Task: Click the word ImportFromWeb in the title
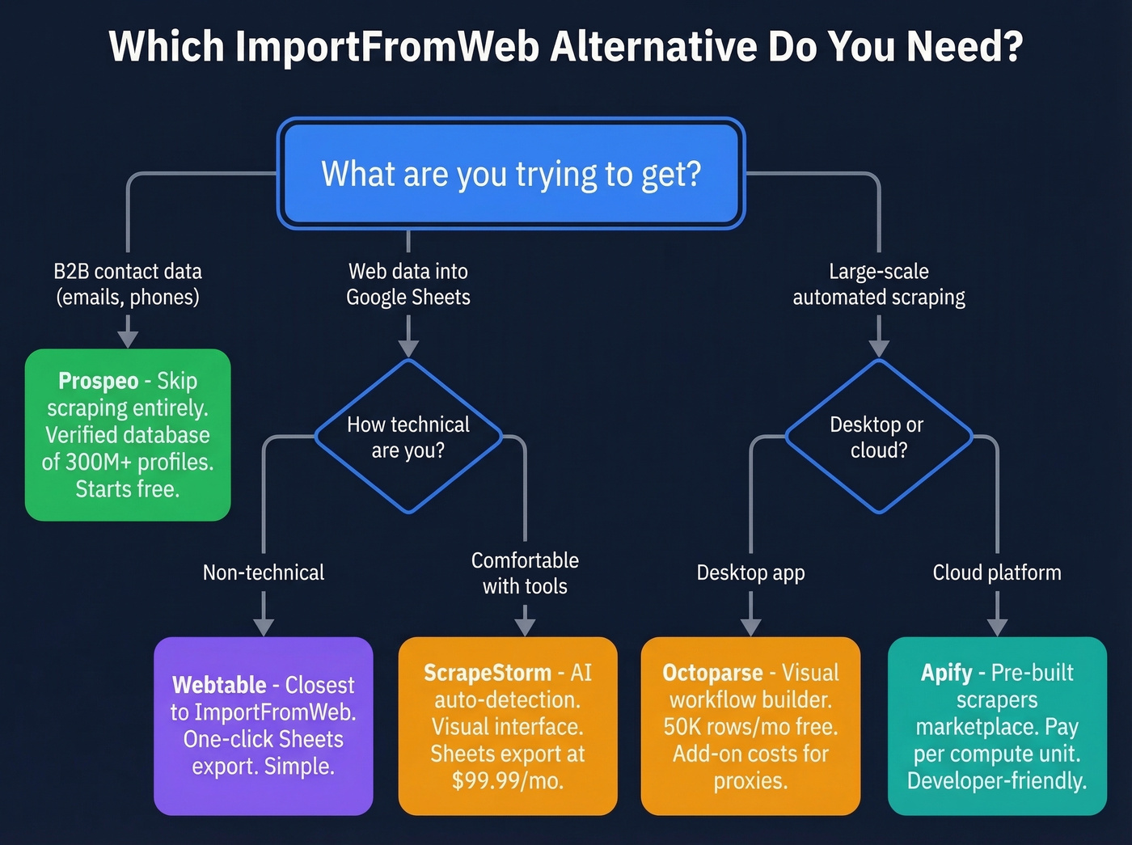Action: pyautogui.click(x=386, y=47)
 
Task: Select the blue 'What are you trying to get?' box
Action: pyautogui.click(x=511, y=174)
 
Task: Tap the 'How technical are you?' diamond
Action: pyautogui.click(x=408, y=437)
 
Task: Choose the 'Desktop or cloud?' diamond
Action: pyautogui.click(x=878, y=437)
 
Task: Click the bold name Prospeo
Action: pyautogui.click(x=98, y=381)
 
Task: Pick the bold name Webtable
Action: pyautogui.click(x=219, y=685)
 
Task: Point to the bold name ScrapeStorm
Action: pyautogui.click(x=487, y=673)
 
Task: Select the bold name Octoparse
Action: pyautogui.click(x=712, y=673)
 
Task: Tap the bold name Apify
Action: pyautogui.click(x=946, y=673)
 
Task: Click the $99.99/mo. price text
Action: pyautogui.click(x=508, y=781)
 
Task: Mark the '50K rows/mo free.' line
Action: pyautogui.click(x=750, y=727)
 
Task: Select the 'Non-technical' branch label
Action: pyautogui.click(x=264, y=572)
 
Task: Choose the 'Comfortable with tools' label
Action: pyautogui.click(x=525, y=573)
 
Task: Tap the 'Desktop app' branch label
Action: pyautogui.click(x=750, y=572)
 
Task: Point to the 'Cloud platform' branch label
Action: pyautogui.click(x=996, y=572)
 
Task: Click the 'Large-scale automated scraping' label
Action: pyautogui.click(x=879, y=285)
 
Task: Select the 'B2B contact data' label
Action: pyautogui.click(x=128, y=272)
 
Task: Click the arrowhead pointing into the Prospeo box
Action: pyautogui.click(x=128, y=339)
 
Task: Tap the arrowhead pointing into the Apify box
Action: pyautogui.click(x=997, y=627)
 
